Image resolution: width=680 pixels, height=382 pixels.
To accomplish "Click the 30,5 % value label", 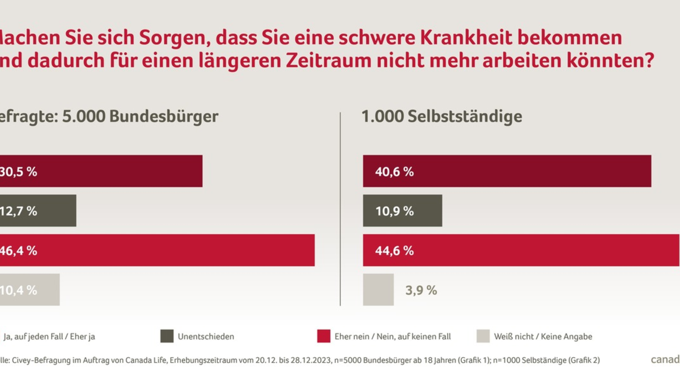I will pyautogui.click(x=19, y=171).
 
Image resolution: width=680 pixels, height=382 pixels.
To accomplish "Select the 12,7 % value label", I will pyautogui.click(x=19, y=211).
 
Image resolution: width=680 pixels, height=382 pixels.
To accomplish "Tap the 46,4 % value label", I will pyautogui.click(x=19, y=251).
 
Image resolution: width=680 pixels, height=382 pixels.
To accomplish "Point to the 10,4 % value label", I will pyautogui.click(x=19, y=290).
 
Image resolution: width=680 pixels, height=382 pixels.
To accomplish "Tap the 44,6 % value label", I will pyautogui.click(x=394, y=251).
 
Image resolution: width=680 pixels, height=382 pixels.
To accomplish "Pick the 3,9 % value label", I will pyautogui.click(x=420, y=290).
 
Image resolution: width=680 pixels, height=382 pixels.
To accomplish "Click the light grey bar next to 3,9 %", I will pyautogui.click(x=378, y=290).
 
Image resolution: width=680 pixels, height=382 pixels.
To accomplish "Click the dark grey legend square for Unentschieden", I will pyautogui.click(x=167, y=336).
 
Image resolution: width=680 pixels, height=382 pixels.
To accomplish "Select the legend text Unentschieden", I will pyautogui.click(x=206, y=337).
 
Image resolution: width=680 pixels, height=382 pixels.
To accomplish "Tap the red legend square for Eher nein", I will pyautogui.click(x=323, y=336).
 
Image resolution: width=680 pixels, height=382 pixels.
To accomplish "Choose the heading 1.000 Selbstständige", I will pyautogui.click(x=442, y=117).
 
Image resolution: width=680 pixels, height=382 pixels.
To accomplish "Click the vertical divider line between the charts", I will pyautogui.click(x=340, y=209).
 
